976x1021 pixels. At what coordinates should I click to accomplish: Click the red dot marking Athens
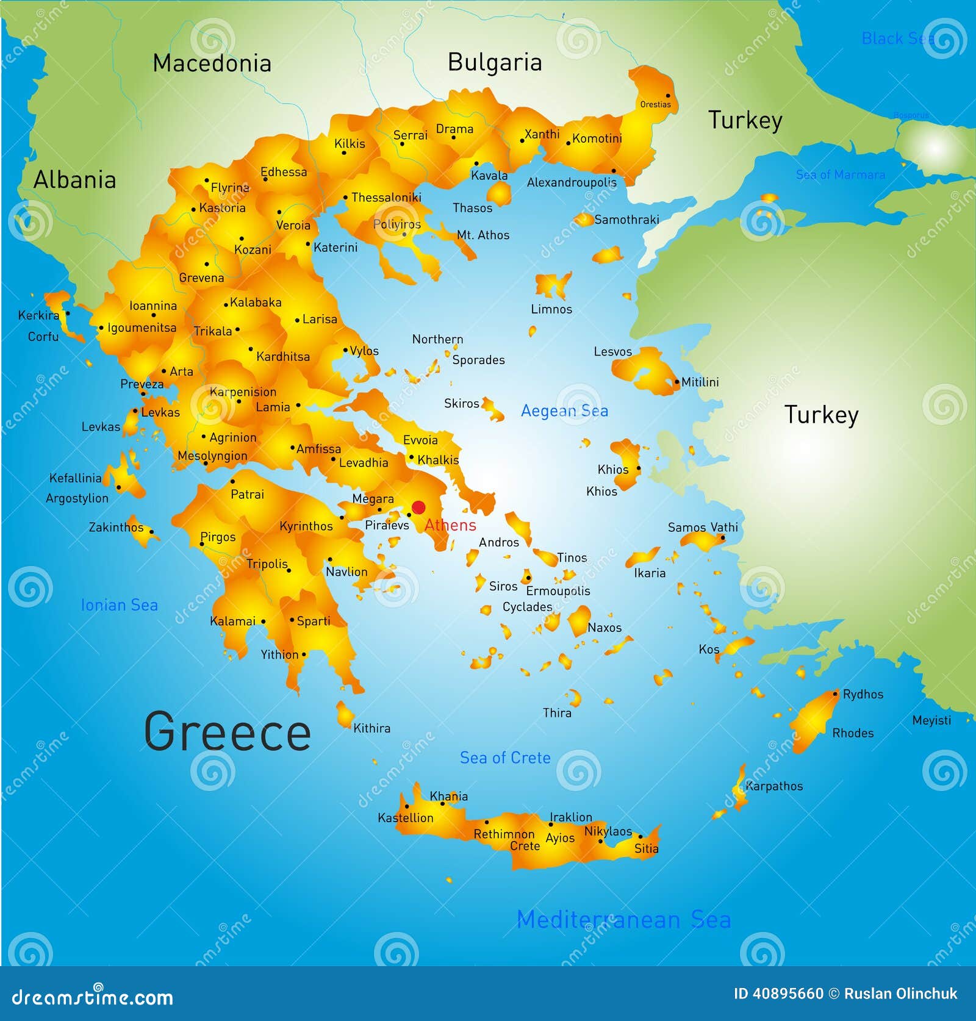[x=418, y=507]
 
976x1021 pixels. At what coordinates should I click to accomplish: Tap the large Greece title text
[x=227, y=732]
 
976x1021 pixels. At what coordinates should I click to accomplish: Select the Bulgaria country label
[x=495, y=63]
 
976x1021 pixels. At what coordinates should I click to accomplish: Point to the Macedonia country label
[x=212, y=63]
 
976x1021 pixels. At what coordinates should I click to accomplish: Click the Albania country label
[x=74, y=180]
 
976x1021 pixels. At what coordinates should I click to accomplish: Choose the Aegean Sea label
[x=564, y=411]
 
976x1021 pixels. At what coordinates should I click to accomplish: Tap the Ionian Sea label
[x=119, y=605]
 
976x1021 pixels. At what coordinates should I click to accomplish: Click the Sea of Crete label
[x=505, y=758]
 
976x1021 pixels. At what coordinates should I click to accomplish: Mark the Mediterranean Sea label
[x=623, y=920]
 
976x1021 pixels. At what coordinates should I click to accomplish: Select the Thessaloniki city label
[x=386, y=198]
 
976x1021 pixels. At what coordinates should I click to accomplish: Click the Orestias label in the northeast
[x=655, y=104]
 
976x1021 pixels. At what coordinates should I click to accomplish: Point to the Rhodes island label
[x=853, y=733]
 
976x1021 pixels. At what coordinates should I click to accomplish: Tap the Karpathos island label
[x=774, y=786]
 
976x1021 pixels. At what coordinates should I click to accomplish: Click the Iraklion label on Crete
[x=570, y=817]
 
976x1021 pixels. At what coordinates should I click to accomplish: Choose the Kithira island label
[x=371, y=728]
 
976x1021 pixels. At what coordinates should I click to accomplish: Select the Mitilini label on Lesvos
[x=700, y=382]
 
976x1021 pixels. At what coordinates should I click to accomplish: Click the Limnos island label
[x=551, y=309]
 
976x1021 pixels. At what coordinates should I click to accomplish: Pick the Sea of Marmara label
[x=840, y=175]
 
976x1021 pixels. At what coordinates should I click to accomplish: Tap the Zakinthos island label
[x=116, y=528]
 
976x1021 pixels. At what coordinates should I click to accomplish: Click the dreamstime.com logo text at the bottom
[x=93, y=998]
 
